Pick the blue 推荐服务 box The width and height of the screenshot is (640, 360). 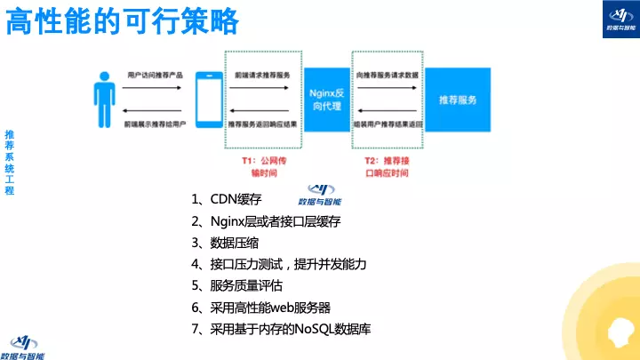click(457, 100)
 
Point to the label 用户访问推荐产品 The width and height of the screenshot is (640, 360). click(155, 76)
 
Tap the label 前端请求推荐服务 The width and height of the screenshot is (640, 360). click(262, 76)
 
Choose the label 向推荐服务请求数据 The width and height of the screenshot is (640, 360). click(387, 76)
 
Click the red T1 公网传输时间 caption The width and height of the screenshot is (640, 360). click(265, 167)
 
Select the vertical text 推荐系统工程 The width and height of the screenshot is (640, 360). click(10, 161)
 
